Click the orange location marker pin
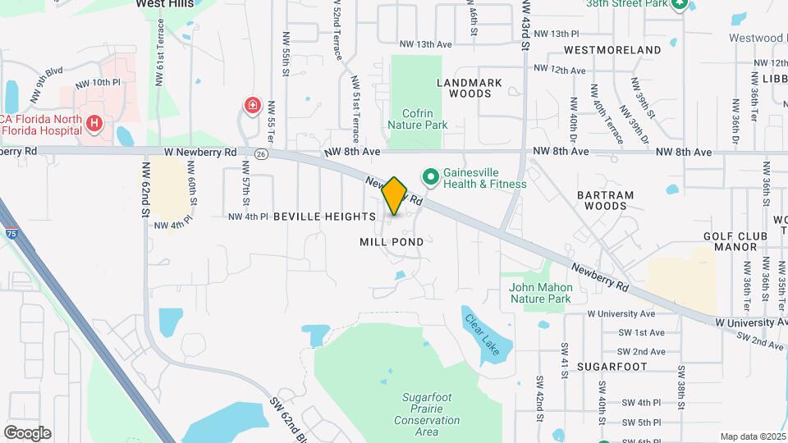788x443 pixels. click(395, 195)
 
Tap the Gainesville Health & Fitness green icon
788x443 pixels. click(429, 177)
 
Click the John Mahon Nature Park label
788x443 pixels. click(539, 293)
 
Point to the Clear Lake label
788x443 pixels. click(479, 329)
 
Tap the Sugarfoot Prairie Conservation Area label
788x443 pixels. click(426, 414)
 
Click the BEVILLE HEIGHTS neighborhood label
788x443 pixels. click(323, 217)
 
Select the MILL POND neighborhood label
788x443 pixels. click(392, 242)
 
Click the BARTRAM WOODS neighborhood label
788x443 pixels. click(606, 200)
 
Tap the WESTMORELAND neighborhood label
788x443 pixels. click(612, 50)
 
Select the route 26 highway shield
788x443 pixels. click(261, 153)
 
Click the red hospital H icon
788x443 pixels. click(95, 124)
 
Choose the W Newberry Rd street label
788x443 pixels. click(199, 153)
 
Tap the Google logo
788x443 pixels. click(27, 432)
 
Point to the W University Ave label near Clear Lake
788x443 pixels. click(621, 313)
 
